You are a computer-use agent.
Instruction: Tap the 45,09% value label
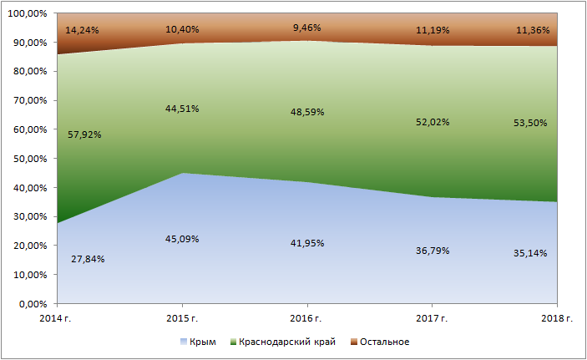182,239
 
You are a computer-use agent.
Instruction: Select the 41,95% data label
307,243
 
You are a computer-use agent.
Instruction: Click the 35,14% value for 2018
530,252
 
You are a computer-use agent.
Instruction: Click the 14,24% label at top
82,30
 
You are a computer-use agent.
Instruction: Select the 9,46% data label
307,28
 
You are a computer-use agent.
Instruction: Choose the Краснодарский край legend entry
283,342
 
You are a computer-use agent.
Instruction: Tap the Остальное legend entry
380,342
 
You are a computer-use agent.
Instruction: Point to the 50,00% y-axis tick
30,159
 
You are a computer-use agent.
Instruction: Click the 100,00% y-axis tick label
28,13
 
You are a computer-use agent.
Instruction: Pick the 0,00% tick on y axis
33,304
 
